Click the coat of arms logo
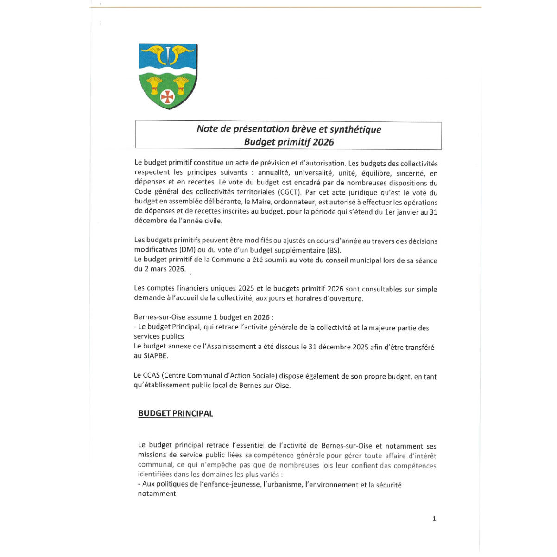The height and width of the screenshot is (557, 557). tap(168, 76)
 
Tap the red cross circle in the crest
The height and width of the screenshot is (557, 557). tap(167, 96)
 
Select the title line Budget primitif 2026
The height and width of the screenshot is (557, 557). tap(289, 142)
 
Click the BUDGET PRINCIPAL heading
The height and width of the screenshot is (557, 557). tap(176, 413)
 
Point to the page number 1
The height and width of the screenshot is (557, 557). tap(434, 519)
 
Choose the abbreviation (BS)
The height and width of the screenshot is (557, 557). tap(333, 250)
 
